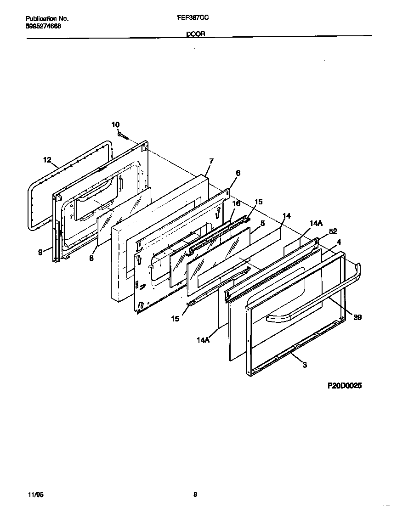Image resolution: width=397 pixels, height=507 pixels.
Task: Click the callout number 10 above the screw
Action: coord(115,124)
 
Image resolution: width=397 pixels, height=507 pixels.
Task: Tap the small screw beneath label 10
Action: coord(122,135)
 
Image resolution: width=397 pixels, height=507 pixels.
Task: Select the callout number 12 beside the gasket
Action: coord(47,160)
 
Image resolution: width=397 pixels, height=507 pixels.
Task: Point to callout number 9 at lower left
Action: coord(40,251)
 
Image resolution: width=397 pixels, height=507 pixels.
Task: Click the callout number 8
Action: coord(91,258)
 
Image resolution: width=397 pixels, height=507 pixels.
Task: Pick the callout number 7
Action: coord(211,161)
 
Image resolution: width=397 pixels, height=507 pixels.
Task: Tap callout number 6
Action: coord(238,173)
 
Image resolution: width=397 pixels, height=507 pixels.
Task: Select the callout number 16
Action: coord(236,203)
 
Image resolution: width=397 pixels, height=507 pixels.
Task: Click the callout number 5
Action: coord(263,223)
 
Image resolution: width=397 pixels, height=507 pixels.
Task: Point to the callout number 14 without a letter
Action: coord(286,216)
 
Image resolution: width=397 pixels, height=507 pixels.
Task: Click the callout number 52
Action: coord(334,231)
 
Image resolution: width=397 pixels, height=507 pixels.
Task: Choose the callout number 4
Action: coord(339,242)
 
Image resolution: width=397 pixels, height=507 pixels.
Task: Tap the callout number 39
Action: coord(357,317)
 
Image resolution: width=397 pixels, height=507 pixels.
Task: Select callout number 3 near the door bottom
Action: coord(305,365)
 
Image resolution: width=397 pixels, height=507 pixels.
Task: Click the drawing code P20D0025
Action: coord(345,386)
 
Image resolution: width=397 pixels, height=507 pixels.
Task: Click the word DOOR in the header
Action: coord(195,34)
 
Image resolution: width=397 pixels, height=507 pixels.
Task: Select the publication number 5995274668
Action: coord(43,26)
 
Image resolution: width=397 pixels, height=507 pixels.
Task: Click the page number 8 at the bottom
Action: coord(195,495)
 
